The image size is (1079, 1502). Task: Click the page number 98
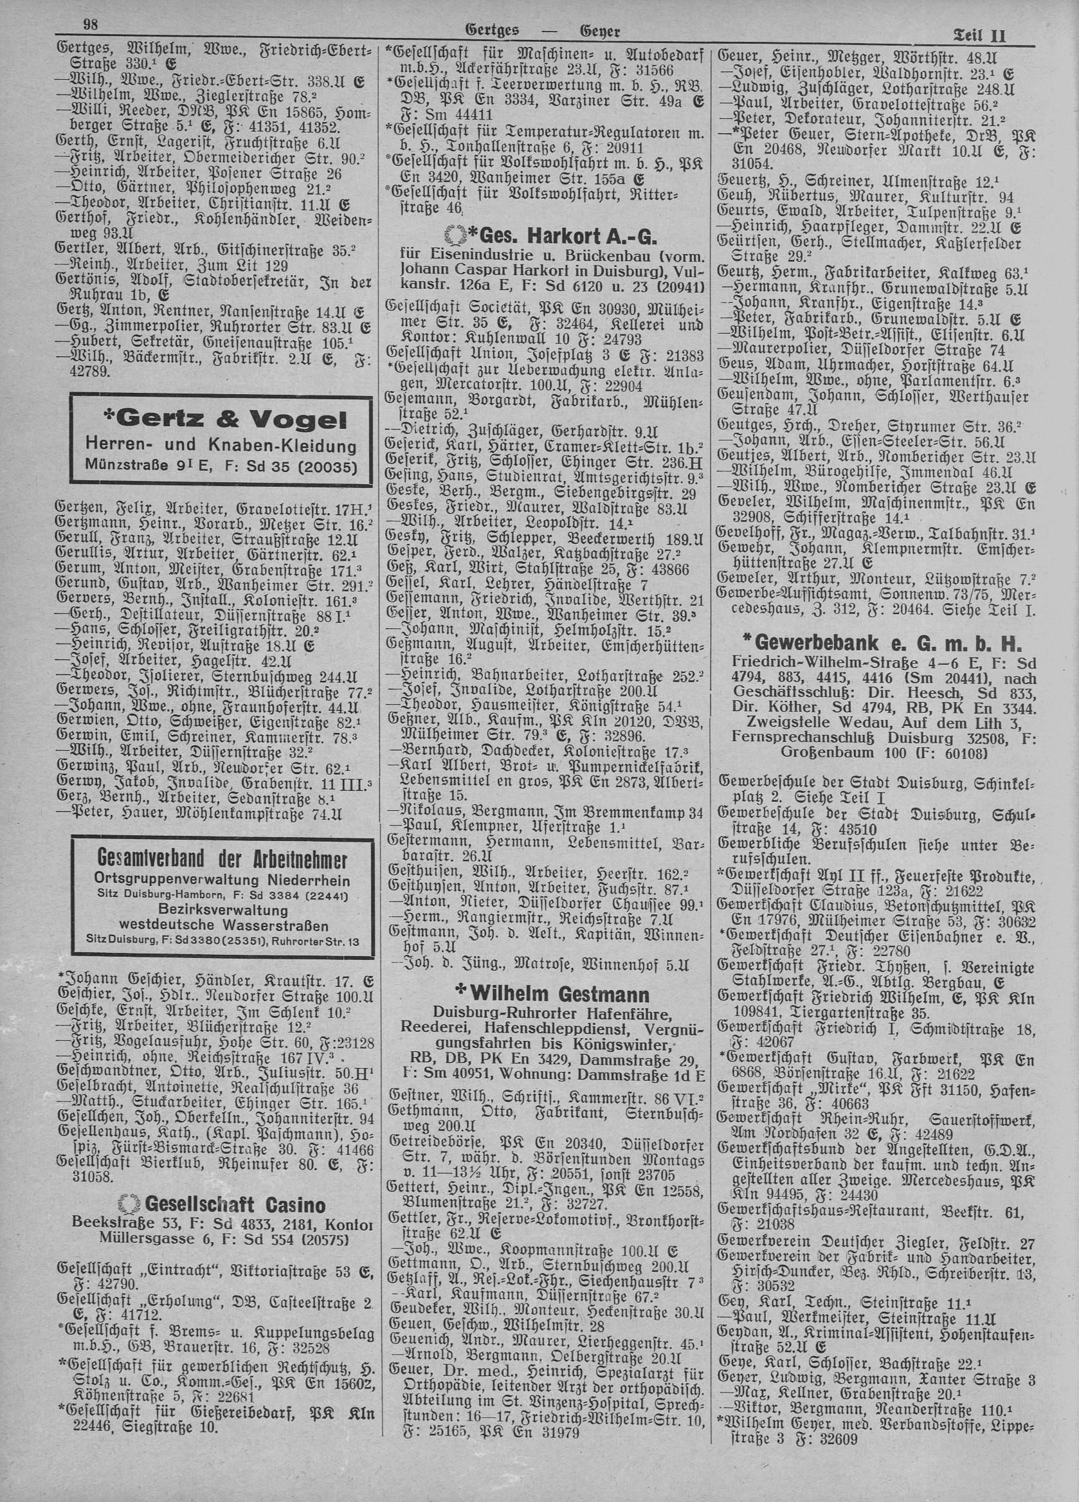[x=91, y=24]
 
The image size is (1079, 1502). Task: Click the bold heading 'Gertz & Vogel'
[x=222, y=420]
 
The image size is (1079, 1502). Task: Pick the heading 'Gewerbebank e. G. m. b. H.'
[x=880, y=642]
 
